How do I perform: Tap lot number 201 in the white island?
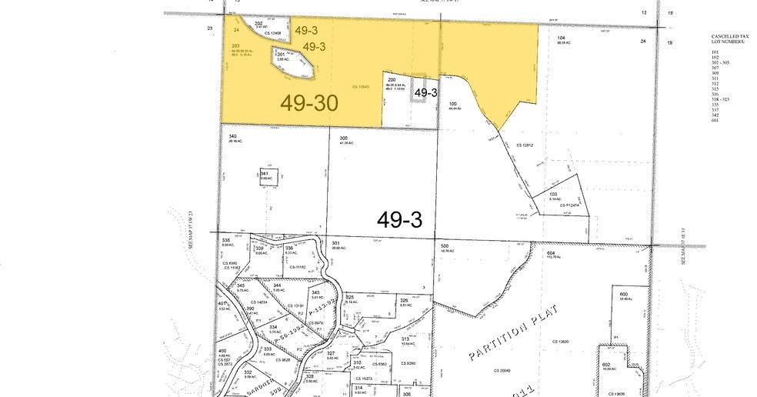point(281,54)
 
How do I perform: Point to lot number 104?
point(562,38)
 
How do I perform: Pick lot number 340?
point(232,136)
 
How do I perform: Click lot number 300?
point(344,138)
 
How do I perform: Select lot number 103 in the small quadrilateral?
point(553,195)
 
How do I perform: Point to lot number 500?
point(444,245)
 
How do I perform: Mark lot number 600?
point(624,294)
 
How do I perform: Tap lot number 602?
point(606,365)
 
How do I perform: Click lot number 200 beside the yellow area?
point(392,80)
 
